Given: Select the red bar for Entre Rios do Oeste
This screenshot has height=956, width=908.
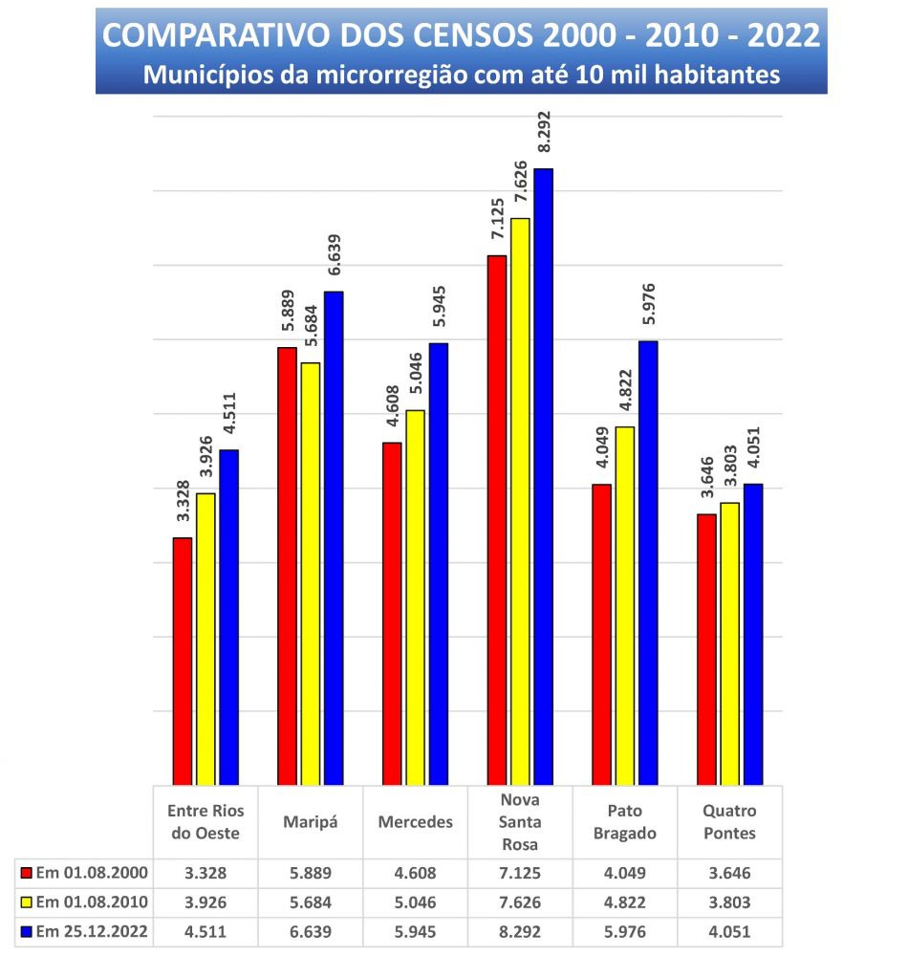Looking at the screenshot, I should click(182, 661).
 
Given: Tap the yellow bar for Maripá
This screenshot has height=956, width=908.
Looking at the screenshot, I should click(311, 574).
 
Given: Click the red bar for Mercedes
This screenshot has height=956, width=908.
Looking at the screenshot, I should click(392, 613).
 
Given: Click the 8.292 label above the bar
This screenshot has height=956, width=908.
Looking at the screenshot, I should click(544, 134).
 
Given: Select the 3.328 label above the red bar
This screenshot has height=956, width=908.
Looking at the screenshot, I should click(183, 503).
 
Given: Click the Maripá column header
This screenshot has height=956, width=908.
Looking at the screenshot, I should click(311, 822).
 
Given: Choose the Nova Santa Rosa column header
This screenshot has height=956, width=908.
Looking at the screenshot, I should click(520, 822).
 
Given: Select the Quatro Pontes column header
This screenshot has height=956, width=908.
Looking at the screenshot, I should click(729, 822).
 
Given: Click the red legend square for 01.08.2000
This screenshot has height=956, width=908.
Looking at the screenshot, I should click(26, 873).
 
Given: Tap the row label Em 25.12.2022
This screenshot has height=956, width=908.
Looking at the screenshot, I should click(91, 932).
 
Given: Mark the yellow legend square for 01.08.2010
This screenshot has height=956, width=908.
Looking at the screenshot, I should click(26, 902).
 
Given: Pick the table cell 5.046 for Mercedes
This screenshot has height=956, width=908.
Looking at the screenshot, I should click(415, 902).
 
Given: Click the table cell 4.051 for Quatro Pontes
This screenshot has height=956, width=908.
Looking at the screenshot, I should click(729, 932).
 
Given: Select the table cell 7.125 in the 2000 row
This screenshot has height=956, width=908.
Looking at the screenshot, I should click(520, 873).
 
